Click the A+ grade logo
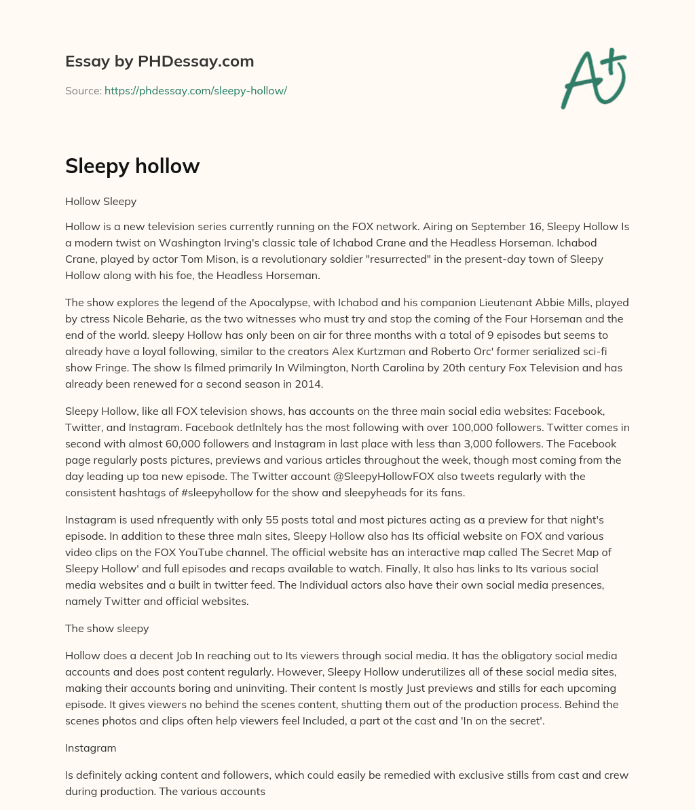[593, 79]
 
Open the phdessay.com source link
[195, 90]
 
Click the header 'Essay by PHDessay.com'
[159, 61]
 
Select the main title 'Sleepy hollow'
[132, 166]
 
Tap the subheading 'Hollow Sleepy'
[101, 201]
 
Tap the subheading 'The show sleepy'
[107, 628]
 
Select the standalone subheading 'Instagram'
[91, 748]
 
